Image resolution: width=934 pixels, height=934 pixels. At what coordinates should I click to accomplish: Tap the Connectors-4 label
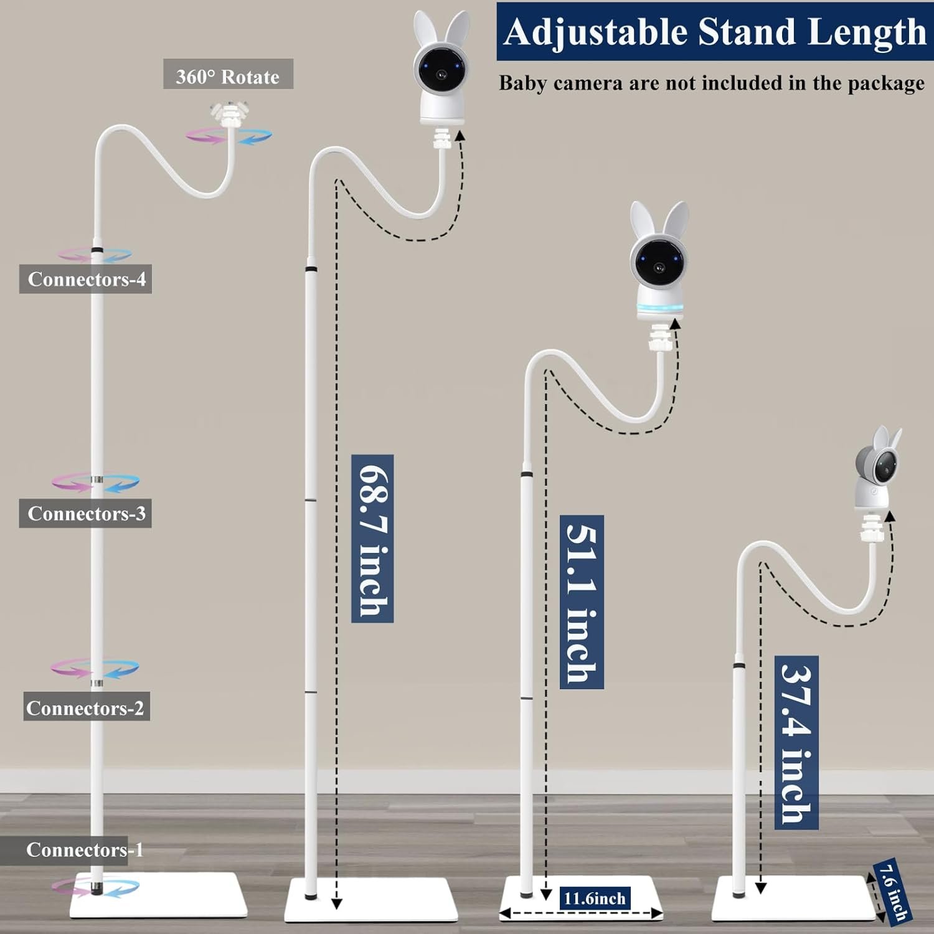[x=86, y=278]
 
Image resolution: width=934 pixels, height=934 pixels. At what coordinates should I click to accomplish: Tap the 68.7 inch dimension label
[x=372, y=539]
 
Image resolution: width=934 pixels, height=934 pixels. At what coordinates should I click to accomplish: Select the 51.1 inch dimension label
[x=582, y=601]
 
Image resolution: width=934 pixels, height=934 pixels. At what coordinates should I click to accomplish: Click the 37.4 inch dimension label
[x=796, y=742]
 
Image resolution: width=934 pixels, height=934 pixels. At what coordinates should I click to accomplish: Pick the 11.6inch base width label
[x=595, y=898]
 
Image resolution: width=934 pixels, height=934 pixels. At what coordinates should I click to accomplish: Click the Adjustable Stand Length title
[x=715, y=32]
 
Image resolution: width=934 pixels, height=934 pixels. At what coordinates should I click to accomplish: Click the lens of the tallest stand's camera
[x=441, y=74]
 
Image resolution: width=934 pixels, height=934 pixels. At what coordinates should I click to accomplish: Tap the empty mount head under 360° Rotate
[x=229, y=115]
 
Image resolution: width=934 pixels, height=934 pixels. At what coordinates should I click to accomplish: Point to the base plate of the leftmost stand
[x=159, y=895]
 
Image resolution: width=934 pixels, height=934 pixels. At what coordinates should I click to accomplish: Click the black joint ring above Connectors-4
[x=97, y=250]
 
